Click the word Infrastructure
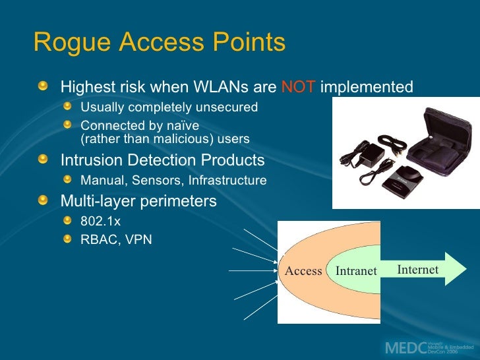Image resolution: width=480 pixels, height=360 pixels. coord(227,180)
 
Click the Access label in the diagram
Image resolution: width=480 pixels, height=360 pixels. coord(303,271)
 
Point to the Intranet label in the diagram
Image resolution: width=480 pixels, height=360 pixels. coord(356,271)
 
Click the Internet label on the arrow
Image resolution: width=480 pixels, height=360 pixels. coord(418,270)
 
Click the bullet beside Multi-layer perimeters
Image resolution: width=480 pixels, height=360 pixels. coord(44,200)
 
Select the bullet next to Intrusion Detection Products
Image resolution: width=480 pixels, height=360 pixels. coord(44,160)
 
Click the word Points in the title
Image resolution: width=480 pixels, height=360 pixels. coord(249,44)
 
